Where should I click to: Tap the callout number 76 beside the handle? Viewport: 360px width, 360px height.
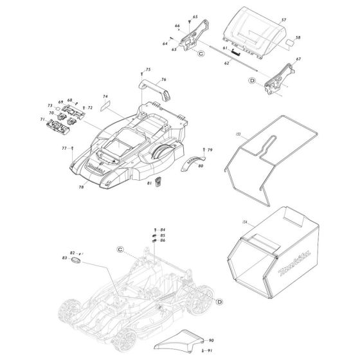(163, 80)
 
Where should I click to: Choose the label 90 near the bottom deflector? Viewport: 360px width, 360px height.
(211, 339)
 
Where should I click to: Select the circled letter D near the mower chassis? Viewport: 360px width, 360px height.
(219, 301)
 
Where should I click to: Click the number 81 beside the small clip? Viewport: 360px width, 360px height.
(148, 183)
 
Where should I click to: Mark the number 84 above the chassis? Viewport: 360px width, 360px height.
(163, 230)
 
